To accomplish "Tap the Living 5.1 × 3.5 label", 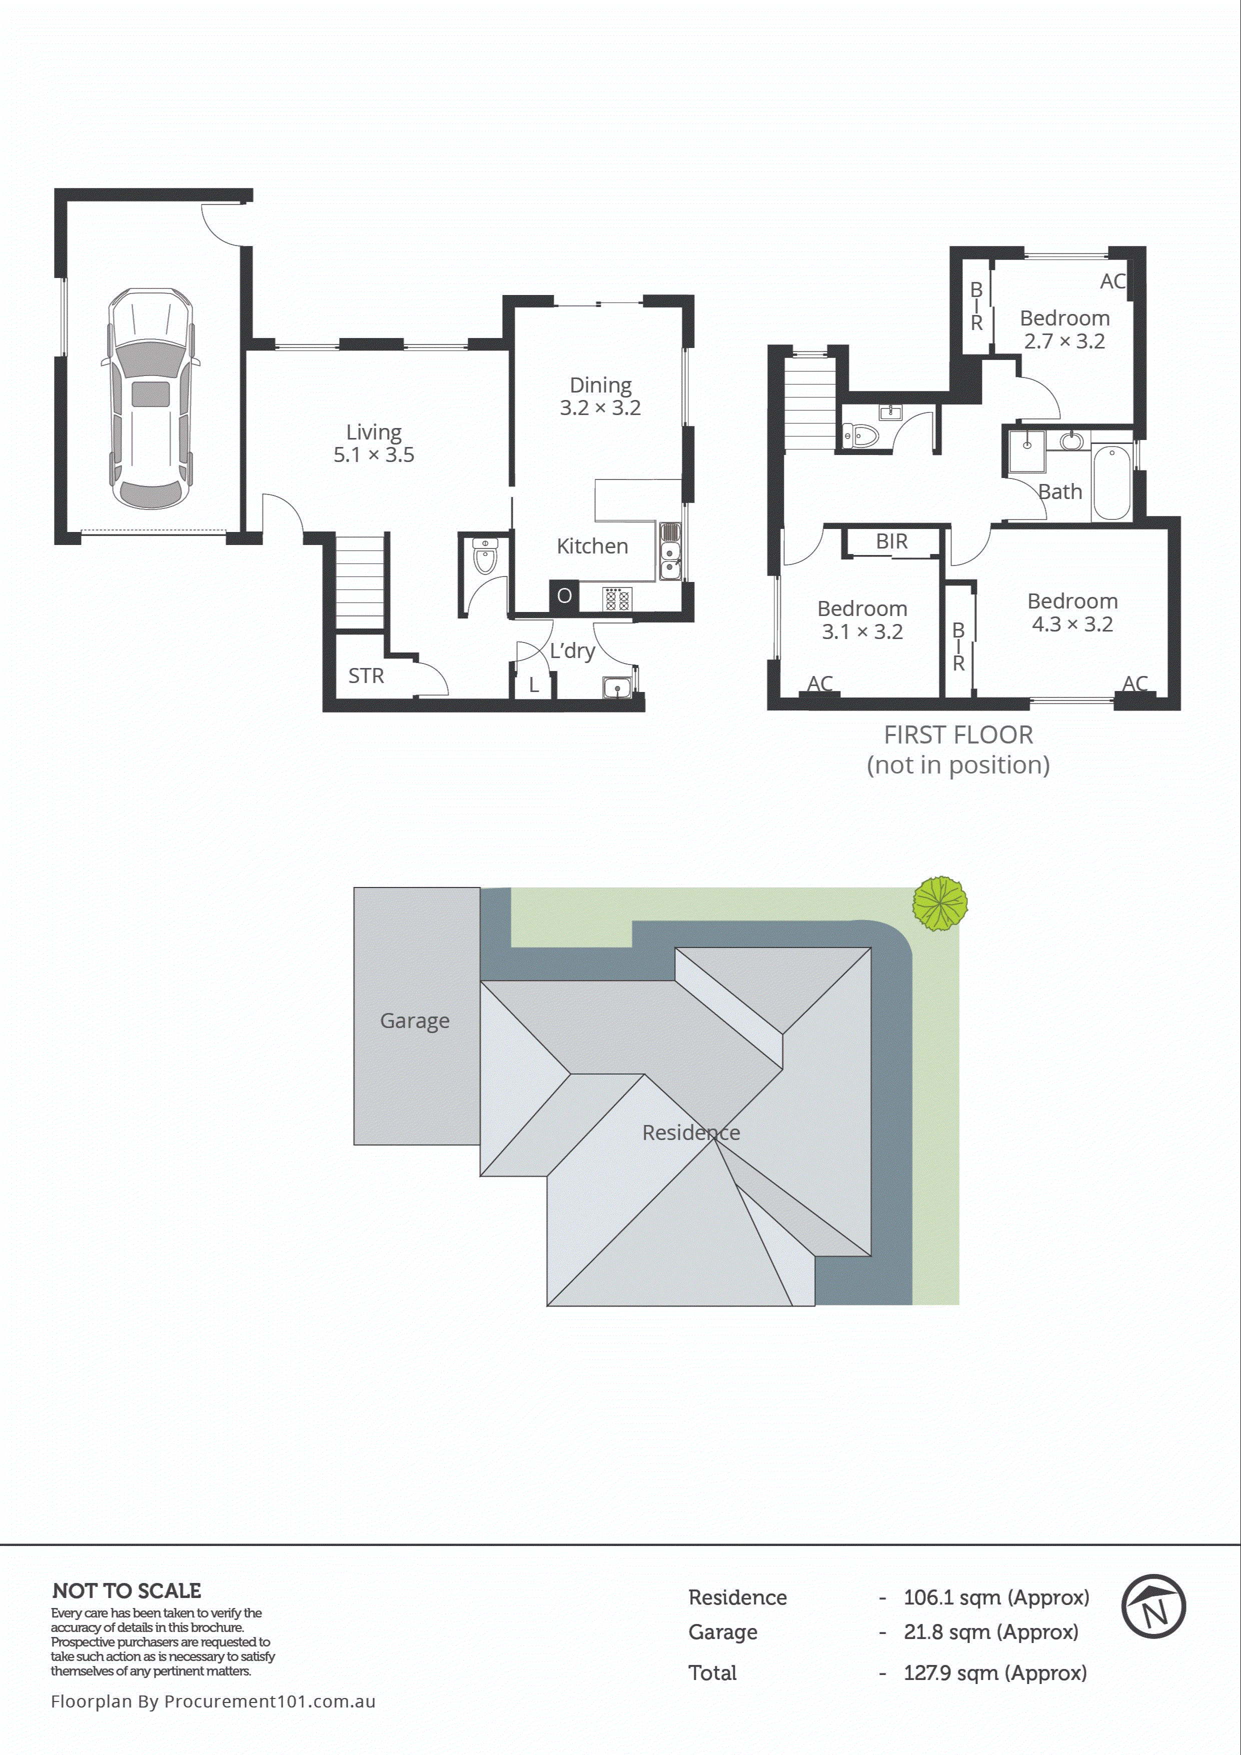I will [x=374, y=443].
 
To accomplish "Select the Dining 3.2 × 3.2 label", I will [x=600, y=396].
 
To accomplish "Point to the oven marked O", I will [x=564, y=595].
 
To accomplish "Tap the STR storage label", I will [x=366, y=675].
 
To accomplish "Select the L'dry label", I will [x=572, y=650].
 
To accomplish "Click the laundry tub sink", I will [x=616, y=688].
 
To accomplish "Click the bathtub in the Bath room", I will [x=1111, y=483].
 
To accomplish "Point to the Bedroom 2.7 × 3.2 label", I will [x=1064, y=329].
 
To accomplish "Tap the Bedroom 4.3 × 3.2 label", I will [x=1072, y=612].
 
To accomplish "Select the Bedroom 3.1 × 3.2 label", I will [x=862, y=620].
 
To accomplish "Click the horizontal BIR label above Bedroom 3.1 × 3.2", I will [x=891, y=541].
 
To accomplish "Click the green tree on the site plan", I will [x=940, y=903].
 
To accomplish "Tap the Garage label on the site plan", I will [x=415, y=1020].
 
